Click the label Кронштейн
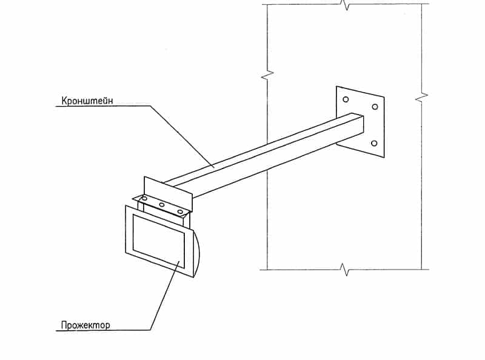point(87,101)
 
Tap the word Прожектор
point(85,325)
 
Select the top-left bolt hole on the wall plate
point(346,99)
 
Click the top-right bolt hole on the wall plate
point(375,107)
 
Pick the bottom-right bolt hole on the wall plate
point(374,143)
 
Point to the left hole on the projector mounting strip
point(144,198)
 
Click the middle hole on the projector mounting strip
point(161,204)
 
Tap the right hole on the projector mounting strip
point(179,212)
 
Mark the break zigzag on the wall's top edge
point(346,5)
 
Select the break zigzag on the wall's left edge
point(267,75)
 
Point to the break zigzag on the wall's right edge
point(421,97)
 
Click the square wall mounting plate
point(360,122)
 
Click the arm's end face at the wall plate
point(360,125)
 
